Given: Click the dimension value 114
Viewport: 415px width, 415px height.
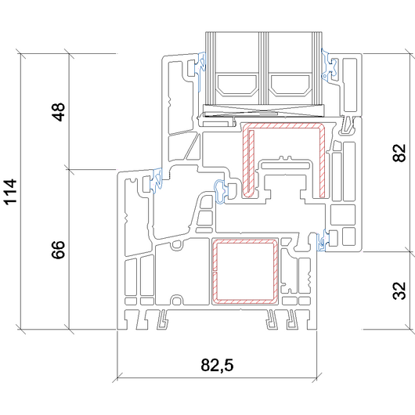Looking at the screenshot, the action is pos(10,192).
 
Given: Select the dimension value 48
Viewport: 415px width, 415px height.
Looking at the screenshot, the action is pos(58,112).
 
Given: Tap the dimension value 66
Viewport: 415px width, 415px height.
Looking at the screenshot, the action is pos(58,250).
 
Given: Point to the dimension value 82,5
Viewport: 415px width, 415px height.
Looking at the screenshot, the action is pos(217,365).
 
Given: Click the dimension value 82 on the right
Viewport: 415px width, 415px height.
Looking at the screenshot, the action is pos(399,153).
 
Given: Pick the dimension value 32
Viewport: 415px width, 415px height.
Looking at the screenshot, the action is pos(399,290).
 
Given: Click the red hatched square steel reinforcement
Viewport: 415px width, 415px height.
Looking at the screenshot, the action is pos(214,271).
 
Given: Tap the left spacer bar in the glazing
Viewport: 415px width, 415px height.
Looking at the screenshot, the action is pos(237,85).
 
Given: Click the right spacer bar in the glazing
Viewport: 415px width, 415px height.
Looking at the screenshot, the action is pos(290,85).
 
